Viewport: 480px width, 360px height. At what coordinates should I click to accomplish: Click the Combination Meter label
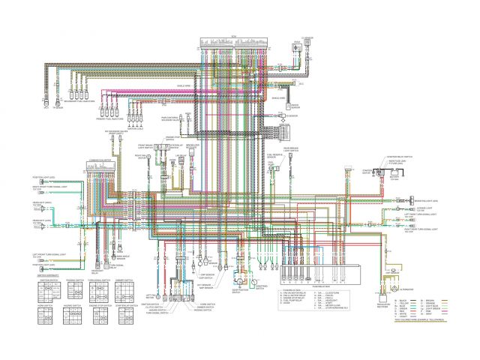(x=100, y=160)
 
